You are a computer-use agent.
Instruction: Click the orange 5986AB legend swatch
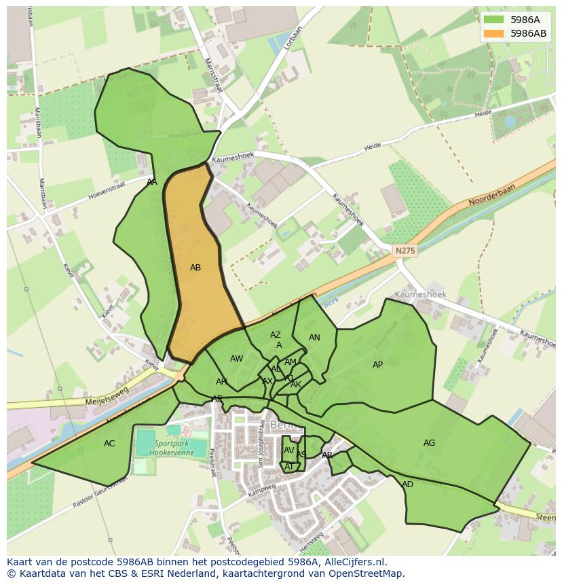pos(494,33)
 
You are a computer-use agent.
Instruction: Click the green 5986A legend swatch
pos(494,20)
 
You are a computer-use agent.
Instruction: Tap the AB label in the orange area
pos(195,268)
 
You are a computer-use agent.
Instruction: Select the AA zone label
pos(152,182)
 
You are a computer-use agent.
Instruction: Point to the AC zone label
pos(109,444)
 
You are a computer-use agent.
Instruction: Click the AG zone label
pos(429,443)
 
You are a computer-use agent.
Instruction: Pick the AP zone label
pos(377,365)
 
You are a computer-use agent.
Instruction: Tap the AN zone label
pos(314,338)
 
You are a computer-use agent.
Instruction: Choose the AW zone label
pos(236,359)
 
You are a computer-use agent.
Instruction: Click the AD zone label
pos(407,484)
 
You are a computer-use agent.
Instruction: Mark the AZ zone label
pos(275,335)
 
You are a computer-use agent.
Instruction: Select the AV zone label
pos(288,450)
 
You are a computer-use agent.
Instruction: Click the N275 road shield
pos(405,251)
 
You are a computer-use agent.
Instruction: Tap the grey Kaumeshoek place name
pos(420,295)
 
